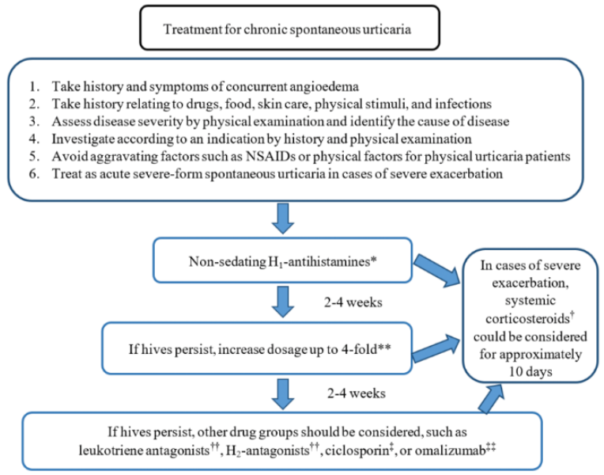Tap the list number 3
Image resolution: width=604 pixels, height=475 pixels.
tap(34, 121)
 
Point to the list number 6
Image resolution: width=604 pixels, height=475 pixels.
tap(34, 173)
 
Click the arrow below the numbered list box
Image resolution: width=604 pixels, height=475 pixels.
tap(283, 218)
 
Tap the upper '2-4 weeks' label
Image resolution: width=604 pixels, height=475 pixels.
tap(353, 302)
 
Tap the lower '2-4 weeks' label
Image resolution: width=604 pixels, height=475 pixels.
tap(357, 393)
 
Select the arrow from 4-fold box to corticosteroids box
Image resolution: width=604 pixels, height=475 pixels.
tap(436, 348)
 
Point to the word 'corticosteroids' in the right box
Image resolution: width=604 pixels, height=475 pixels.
tap(527, 319)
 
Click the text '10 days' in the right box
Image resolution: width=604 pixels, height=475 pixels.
tap(530, 371)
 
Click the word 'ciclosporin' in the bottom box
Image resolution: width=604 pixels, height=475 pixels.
tap(357, 450)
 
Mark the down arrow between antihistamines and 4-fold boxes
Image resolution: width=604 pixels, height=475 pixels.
tap(283, 302)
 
